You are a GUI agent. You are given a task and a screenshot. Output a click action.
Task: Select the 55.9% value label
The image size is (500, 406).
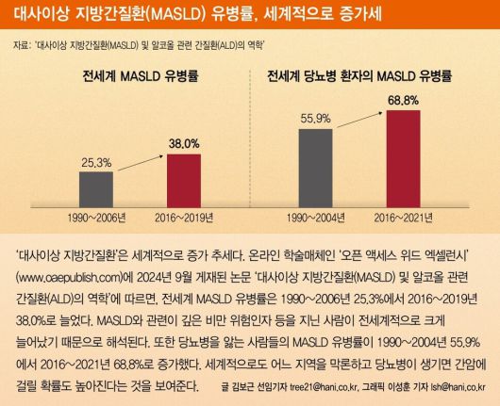pyautogui.click(x=316, y=119)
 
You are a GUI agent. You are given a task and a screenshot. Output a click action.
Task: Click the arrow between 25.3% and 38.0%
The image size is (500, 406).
pyautogui.click(x=139, y=151)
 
